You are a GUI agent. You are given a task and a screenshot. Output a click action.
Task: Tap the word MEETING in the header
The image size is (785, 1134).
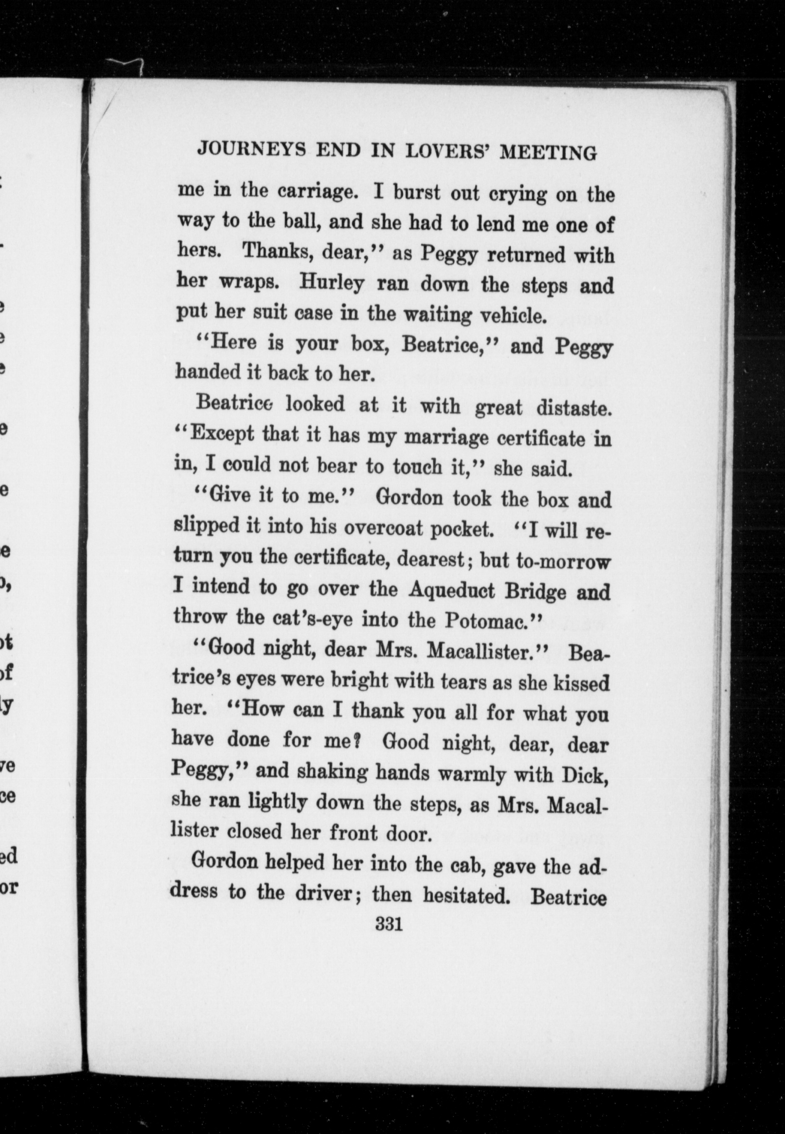548,153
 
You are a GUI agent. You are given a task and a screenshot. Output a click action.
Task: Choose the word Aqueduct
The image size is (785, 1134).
452,590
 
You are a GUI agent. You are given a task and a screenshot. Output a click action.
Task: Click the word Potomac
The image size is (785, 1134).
487,620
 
